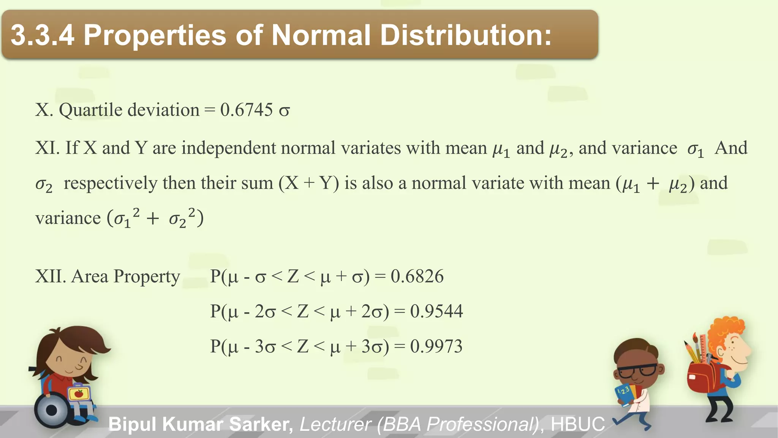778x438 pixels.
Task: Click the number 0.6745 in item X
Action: pos(246,110)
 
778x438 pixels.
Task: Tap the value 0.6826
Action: pos(417,276)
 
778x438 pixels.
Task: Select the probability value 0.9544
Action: pos(436,311)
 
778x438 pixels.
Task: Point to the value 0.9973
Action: pos(436,346)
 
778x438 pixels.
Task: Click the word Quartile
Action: pos(91,110)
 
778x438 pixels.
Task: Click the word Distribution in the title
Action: pos(465,35)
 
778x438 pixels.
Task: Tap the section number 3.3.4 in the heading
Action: pos(42,35)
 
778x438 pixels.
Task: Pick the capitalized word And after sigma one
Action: pos(731,148)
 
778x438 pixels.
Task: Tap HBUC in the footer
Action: pos(577,424)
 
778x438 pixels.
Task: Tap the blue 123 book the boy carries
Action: pos(624,394)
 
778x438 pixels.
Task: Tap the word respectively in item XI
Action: pos(110,183)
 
